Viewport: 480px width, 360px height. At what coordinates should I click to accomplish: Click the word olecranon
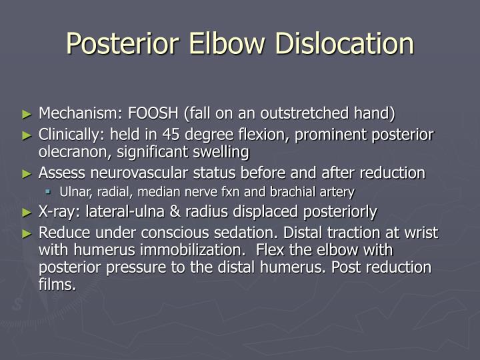tap(73, 152)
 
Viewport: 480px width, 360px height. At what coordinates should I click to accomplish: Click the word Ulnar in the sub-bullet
tap(73, 192)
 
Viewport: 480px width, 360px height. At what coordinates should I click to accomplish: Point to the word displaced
tap(287, 212)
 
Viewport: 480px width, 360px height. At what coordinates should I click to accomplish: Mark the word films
tap(57, 285)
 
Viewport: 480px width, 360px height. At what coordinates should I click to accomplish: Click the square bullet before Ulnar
tap(49, 192)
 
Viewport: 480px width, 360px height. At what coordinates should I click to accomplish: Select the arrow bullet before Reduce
tap(27, 233)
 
